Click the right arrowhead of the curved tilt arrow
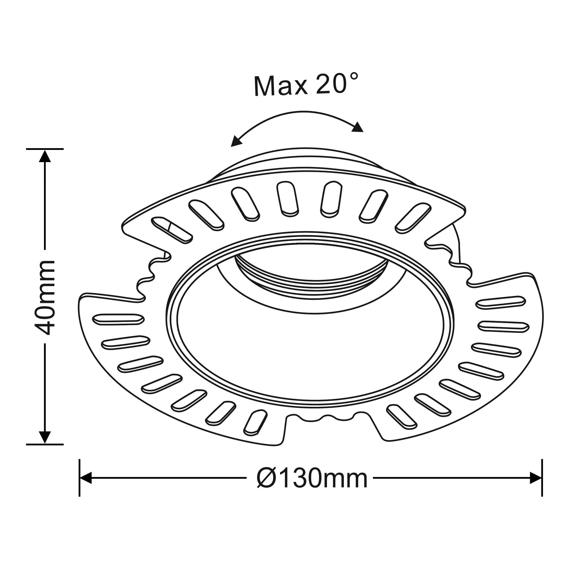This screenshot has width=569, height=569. click(x=358, y=127)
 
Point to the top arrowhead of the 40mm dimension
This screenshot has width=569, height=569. click(x=45, y=156)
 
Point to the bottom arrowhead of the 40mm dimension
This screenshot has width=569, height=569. click(x=45, y=437)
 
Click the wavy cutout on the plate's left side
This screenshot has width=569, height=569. click(x=147, y=277)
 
